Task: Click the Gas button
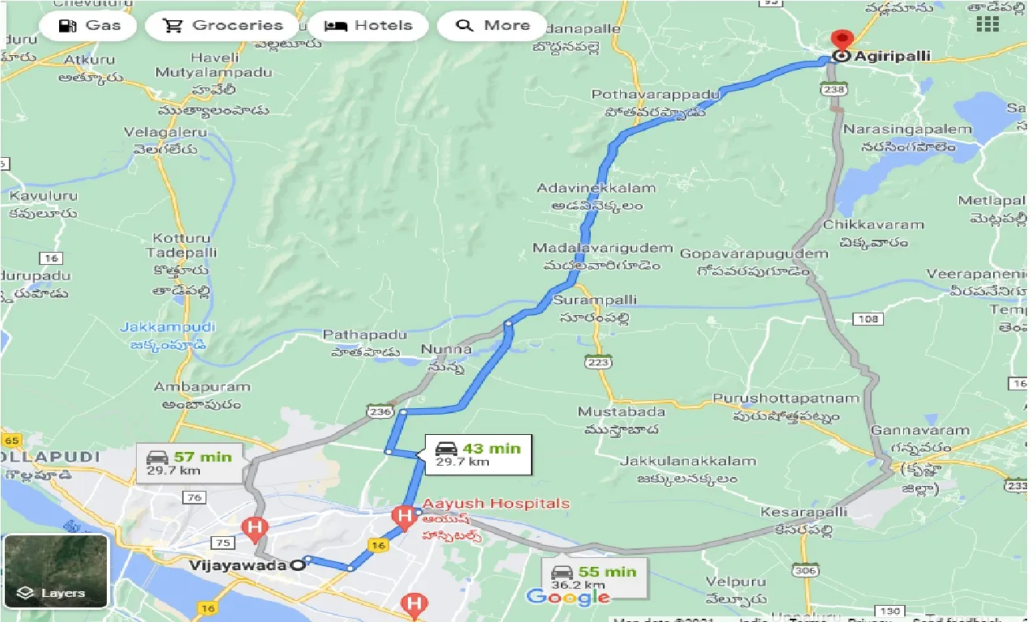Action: pyautogui.click(x=90, y=25)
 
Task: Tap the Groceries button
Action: pyautogui.click(x=222, y=25)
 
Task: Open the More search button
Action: pyautogui.click(x=491, y=25)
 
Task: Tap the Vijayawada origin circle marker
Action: pyautogui.click(x=299, y=565)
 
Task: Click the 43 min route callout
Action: pyautogui.click(x=478, y=454)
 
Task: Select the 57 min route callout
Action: pyautogui.click(x=185, y=463)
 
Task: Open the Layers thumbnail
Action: pyautogui.click(x=55, y=571)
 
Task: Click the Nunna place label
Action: pyautogui.click(x=445, y=350)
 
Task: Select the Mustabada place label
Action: pyautogui.click(x=621, y=412)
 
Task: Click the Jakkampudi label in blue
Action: pyautogui.click(x=168, y=327)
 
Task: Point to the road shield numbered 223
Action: pyautogui.click(x=598, y=363)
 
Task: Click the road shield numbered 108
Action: pyautogui.click(x=867, y=319)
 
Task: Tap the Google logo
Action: pyautogui.click(x=567, y=598)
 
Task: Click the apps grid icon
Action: pyautogui.click(x=987, y=23)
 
